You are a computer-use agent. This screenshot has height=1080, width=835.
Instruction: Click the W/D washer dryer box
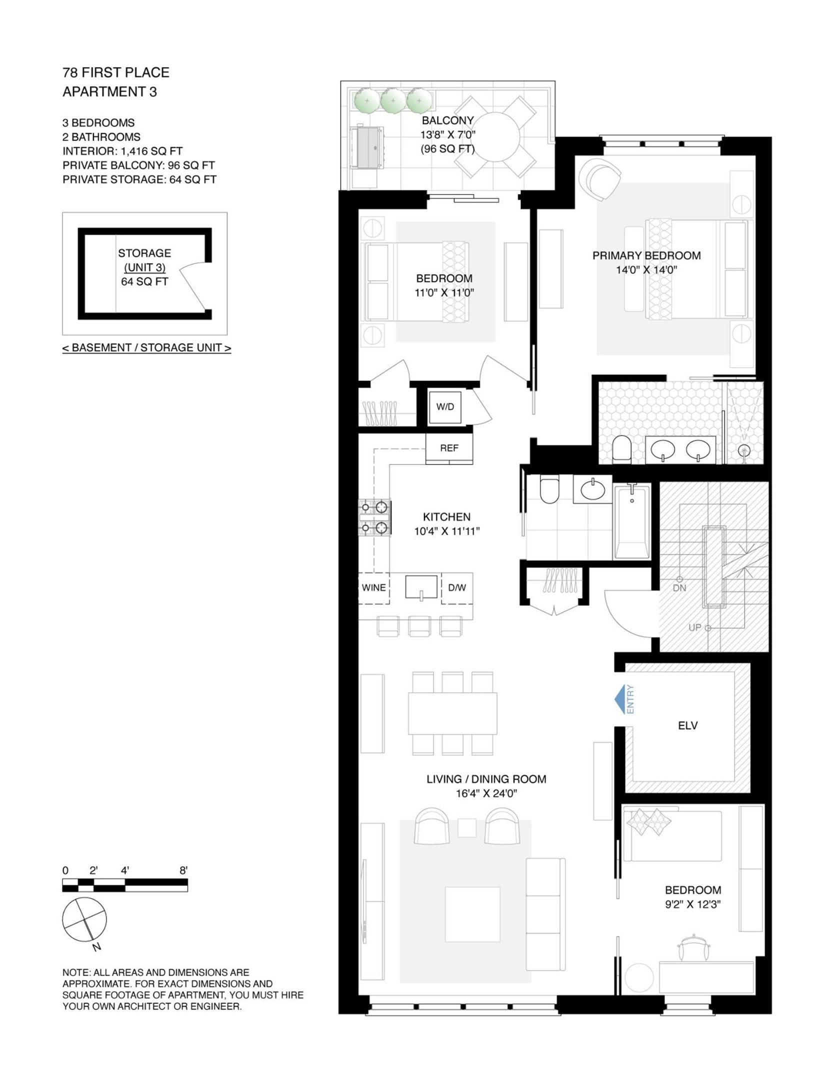pyautogui.click(x=445, y=406)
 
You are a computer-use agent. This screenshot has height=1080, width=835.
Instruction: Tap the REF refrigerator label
pyautogui.click(x=449, y=448)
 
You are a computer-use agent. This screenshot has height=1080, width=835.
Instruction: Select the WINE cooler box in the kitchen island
pyautogui.click(x=373, y=587)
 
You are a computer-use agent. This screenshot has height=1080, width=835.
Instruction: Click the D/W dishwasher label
pyautogui.click(x=456, y=587)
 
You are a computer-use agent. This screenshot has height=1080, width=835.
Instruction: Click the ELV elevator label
pyautogui.click(x=687, y=725)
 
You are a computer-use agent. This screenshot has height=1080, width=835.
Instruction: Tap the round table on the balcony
pyautogui.click(x=497, y=136)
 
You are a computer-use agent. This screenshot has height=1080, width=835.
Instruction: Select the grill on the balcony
pyautogui.click(x=368, y=147)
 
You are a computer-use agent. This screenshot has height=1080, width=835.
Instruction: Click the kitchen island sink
pyautogui.click(x=421, y=587)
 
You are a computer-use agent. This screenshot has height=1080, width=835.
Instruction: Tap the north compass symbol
pyautogui.click(x=84, y=920)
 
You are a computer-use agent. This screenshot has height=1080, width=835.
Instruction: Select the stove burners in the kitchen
pyautogui.click(x=375, y=517)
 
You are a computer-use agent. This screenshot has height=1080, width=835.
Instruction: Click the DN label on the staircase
pyautogui.click(x=679, y=587)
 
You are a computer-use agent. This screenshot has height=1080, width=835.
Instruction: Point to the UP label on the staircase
pyautogui.click(x=695, y=627)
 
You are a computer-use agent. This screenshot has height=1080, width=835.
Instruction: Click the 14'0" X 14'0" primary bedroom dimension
pyautogui.click(x=646, y=270)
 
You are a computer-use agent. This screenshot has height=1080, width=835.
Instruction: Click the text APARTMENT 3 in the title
pyautogui.click(x=109, y=91)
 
